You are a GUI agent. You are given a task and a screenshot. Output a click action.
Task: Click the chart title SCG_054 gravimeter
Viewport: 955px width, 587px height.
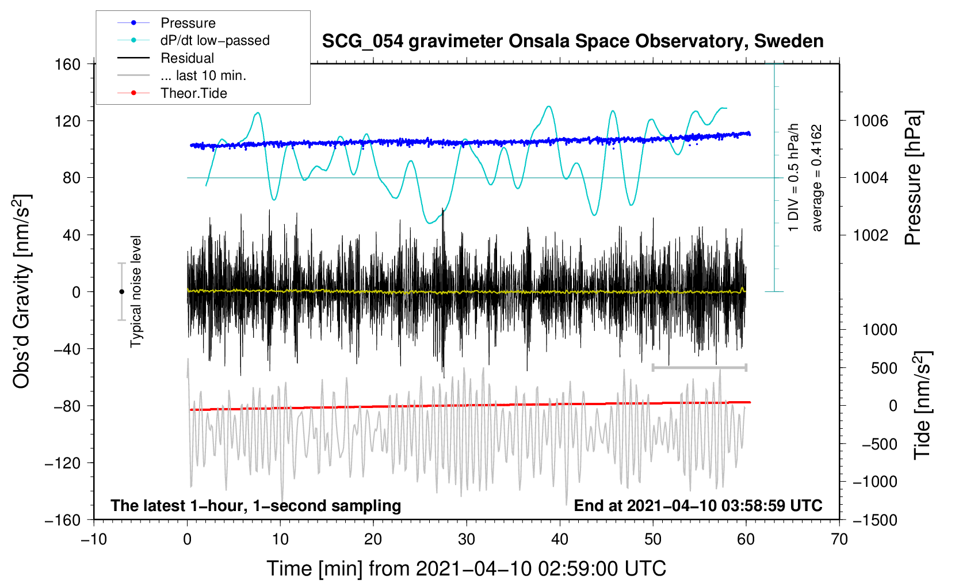point(572,41)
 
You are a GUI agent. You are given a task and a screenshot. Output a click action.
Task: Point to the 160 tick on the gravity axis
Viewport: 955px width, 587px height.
point(68,64)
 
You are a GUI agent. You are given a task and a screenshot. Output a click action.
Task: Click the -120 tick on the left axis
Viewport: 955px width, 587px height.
point(63,463)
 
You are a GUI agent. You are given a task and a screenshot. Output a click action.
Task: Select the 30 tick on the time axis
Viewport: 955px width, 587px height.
point(467,540)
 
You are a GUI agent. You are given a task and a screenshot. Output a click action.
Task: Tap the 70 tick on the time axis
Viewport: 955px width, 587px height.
point(839,540)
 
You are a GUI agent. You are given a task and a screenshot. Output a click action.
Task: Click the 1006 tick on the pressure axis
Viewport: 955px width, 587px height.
point(870,121)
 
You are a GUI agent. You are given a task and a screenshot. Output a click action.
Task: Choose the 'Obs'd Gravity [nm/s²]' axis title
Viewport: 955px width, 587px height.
point(22,291)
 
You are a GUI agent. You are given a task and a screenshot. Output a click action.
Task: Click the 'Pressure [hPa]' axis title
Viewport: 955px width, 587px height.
point(913,178)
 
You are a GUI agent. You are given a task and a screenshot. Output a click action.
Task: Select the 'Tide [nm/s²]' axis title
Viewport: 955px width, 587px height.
point(923,405)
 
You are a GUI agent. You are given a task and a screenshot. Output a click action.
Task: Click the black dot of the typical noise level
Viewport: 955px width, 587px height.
point(121,292)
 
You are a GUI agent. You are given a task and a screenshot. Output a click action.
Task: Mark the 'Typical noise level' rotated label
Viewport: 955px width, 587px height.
point(135,292)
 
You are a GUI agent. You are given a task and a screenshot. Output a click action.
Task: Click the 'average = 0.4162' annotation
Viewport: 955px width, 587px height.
point(816,178)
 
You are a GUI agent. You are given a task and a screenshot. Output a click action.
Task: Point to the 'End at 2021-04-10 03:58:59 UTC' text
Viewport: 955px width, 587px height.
point(698,505)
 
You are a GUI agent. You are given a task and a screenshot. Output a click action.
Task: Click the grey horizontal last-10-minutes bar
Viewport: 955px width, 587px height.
point(699,367)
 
